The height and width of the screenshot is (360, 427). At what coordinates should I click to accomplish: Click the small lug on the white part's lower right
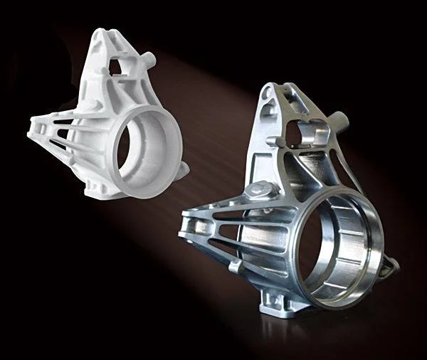pyautogui.click(x=183, y=169)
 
